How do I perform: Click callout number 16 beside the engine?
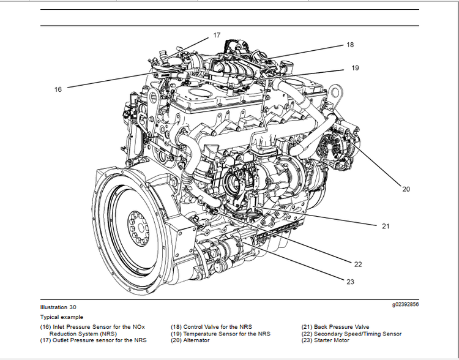(58, 89)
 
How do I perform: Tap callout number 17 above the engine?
(217, 36)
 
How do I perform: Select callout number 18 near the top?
(350, 45)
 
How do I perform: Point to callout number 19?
(356, 69)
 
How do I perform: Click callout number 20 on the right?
(406, 189)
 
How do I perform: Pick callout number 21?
(386, 226)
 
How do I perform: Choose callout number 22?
(358, 264)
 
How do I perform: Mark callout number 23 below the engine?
(350, 282)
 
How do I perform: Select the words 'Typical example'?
(61, 317)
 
